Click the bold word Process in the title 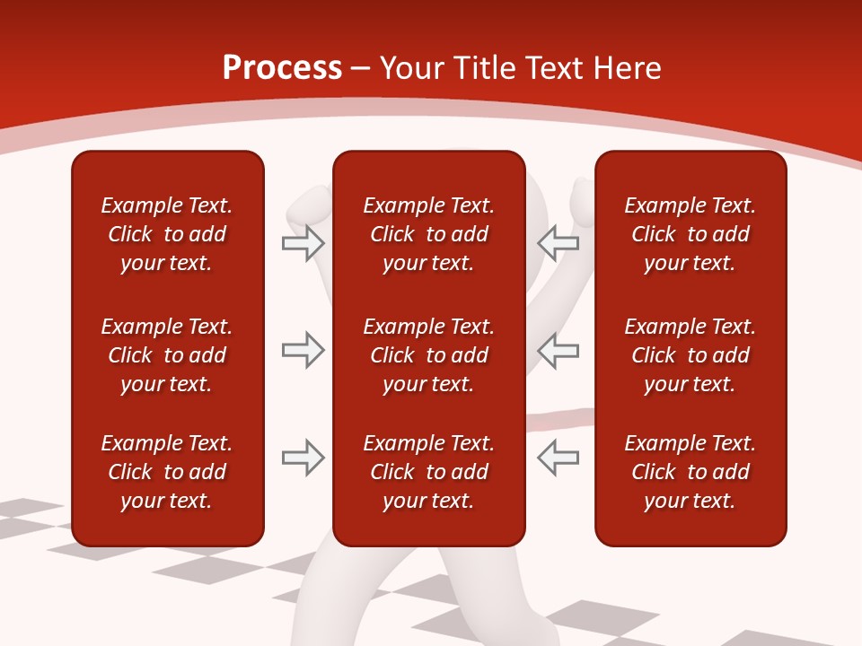click(282, 68)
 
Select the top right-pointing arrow click(303, 243)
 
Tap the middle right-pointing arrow click(303, 350)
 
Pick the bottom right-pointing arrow click(303, 458)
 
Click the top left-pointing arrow click(559, 242)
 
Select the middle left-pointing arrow click(559, 350)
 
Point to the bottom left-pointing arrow click(559, 458)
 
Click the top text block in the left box click(167, 234)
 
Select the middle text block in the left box click(167, 355)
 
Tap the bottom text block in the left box click(167, 472)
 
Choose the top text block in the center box click(428, 234)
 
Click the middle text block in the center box click(428, 355)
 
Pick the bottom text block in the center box click(428, 472)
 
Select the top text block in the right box click(690, 234)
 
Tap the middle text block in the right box click(690, 355)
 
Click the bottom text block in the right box click(690, 472)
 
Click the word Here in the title click(627, 68)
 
